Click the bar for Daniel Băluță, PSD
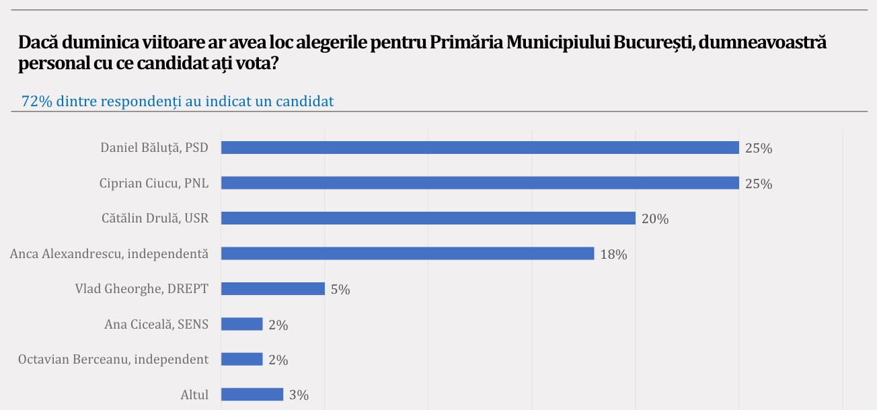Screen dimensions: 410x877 point(480,148)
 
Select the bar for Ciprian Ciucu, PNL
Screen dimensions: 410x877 point(480,183)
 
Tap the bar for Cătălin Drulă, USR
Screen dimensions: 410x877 point(428,218)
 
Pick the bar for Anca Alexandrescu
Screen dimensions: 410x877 point(408,253)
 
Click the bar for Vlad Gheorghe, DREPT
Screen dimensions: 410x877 point(272,288)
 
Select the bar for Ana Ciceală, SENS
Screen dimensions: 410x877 point(241,324)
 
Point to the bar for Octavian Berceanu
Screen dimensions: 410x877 point(241,359)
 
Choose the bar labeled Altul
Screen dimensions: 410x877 point(252,395)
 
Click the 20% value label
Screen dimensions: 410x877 point(655,219)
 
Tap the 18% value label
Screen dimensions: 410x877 point(613,255)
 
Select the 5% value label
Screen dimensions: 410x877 point(340,290)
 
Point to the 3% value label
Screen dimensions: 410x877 point(299,396)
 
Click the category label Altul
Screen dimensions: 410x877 point(194,395)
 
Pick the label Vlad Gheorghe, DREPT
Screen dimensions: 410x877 point(141,289)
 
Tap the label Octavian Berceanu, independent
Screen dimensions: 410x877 point(113,360)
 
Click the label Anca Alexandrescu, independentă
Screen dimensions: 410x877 point(109,254)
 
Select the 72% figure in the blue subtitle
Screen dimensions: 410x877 point(38,101)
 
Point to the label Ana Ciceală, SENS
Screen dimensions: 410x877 point(156,325)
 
